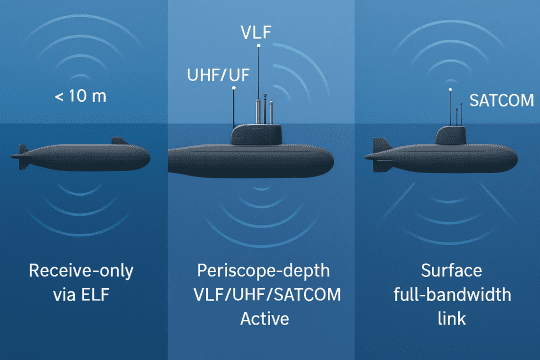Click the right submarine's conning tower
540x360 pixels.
[x=449, y=134]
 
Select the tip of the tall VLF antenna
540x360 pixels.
[x=259, y=47]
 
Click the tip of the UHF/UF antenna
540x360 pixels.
[x=233, y=88]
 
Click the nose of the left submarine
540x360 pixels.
[x=147, y=157]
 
